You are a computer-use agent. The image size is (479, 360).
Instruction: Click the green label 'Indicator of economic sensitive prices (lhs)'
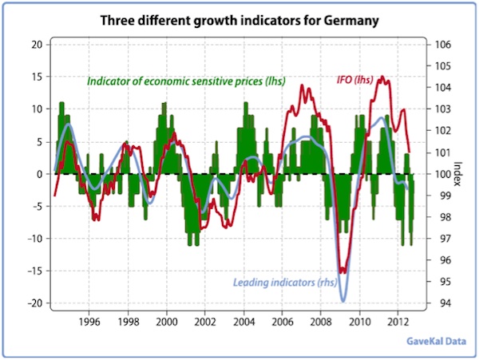186,81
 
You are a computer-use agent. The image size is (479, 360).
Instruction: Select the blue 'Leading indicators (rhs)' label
285,282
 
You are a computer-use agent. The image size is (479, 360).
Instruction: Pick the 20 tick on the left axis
36,45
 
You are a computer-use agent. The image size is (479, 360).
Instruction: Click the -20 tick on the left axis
33,303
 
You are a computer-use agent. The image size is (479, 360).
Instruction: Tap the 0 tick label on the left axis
38,174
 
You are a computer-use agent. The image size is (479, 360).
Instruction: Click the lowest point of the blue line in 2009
343,301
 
